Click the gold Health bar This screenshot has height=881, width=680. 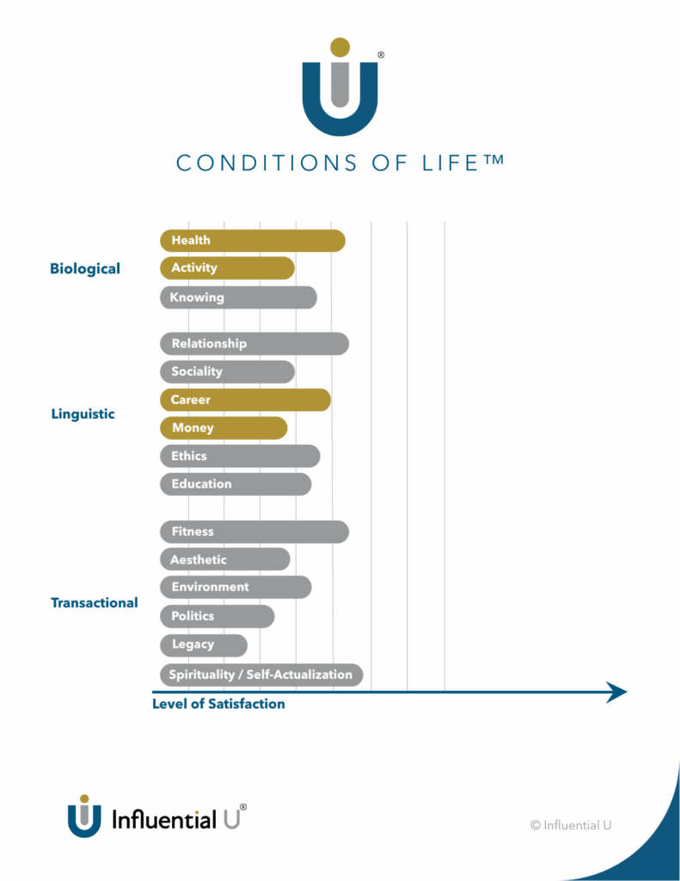[x=252, y=241]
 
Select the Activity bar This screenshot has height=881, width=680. [x=227, y=268]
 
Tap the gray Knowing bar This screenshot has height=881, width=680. [x=238, y=298]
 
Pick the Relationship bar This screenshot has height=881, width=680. [x=254, y=344]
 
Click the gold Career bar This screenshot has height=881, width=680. [x=245, y=400]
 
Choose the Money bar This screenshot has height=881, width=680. [x=224, y=428]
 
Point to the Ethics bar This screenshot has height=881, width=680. [x=240, y=456]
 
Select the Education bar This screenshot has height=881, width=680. [x=236, y=484]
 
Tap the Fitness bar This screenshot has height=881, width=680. [x=254, y=533]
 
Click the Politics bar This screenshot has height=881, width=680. [x=217, y=616]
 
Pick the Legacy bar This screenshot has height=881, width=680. [x=203, y=644]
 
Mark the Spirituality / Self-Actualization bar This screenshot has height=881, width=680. [x=261, y=675]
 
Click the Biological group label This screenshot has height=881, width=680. [x=85, y=268]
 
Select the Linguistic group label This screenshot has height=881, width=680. [x=83, y=414]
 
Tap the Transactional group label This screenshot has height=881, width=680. [x=94, y=602]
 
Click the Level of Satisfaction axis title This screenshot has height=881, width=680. [x=218, y=704]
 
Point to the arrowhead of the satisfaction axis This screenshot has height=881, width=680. [x=617, y=692]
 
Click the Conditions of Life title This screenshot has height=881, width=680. [x=340, y=163]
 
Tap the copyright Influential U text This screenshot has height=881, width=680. [x=571, y=825]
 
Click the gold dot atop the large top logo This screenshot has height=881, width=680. [x=340, y=46]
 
